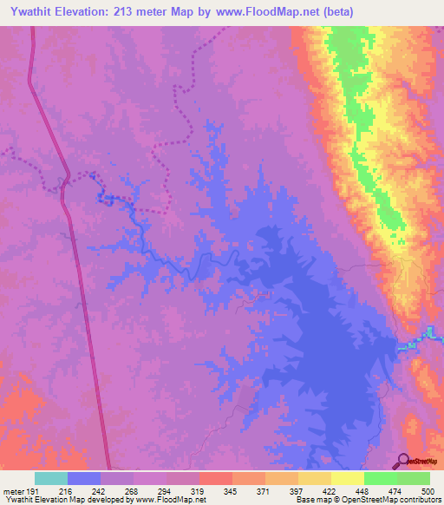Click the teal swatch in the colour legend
pos(51,479)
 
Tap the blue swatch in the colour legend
pos(84,479)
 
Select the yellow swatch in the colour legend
pos(347,479)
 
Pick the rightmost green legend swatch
pos(413,479)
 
